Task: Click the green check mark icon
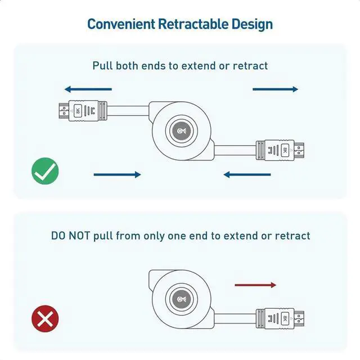(x=45, y=172)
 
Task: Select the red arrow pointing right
(x=255, y=285)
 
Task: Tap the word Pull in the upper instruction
(x=103, y=66)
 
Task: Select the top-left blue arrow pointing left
(x=88, y=89)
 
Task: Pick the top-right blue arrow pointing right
(x=275, y=89)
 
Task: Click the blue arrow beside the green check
(x=117, y=175)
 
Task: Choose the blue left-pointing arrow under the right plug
(x=247, y=175)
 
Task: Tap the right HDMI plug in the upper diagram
(x=281, y=150)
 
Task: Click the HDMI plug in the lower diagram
(x=281, y=319)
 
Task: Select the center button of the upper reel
(x=182, y=132)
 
